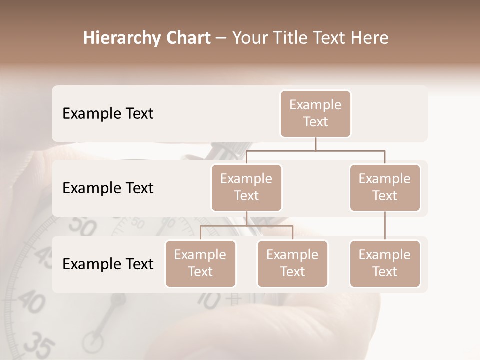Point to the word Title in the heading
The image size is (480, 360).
297,38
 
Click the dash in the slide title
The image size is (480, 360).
221,39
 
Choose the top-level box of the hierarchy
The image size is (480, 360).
315,113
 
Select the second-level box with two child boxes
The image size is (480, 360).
246,187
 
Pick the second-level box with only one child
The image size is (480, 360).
385,187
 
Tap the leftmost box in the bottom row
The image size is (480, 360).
200,263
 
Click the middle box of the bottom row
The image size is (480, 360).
292,263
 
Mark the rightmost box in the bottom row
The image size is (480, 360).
385,263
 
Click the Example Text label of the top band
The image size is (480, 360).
108,113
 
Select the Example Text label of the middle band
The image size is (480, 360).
108,188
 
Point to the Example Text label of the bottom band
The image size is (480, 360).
108,264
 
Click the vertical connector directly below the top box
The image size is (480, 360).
315,144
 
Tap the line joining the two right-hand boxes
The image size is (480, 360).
385,226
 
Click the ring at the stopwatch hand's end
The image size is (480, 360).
93,342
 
